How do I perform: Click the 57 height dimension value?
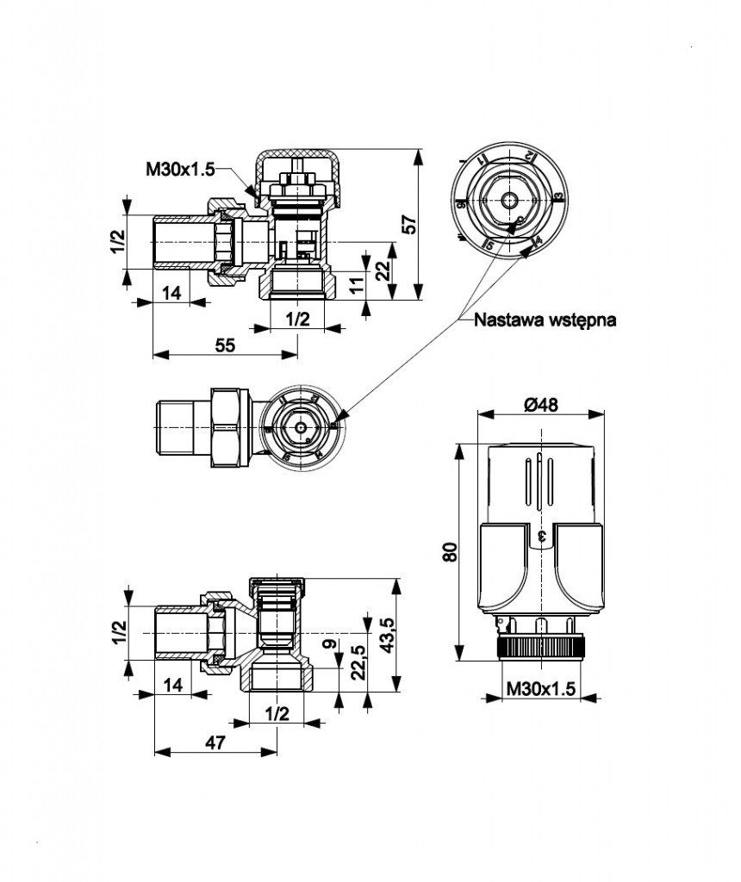(411, 224)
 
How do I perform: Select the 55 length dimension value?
(225, 345)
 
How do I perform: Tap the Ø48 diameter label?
(541, 404)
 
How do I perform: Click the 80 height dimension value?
(448, 552)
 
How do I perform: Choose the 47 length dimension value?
(215, 742)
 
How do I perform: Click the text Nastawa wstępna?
(545, 320)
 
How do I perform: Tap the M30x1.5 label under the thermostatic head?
(540, 689)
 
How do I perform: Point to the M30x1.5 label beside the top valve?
(179, 170)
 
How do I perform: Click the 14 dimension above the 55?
(172, 293)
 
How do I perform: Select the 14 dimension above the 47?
(172, 686)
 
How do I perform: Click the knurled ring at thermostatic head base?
(540, 646)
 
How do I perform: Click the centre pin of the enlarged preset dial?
(509, 200)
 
